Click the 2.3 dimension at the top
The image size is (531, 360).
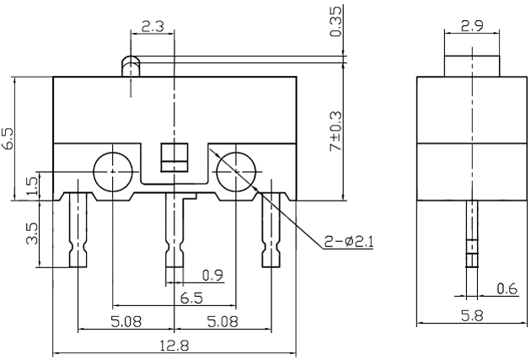(x=153, y=26)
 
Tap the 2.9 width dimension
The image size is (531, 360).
(x=471, y=26)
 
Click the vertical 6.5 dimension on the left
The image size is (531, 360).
(x=8, y=138)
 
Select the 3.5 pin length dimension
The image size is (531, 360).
(x=32, y=234)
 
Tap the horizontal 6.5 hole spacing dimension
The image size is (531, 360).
(x=190, y=298)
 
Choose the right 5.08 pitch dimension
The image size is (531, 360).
(x=222, y=321)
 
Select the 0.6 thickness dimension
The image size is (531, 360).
(x=507, y=289)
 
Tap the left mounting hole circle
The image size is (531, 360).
(x=111, y=171)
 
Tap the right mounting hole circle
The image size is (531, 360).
(x=235, y=171)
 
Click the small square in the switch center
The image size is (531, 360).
(x=174, y=158)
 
